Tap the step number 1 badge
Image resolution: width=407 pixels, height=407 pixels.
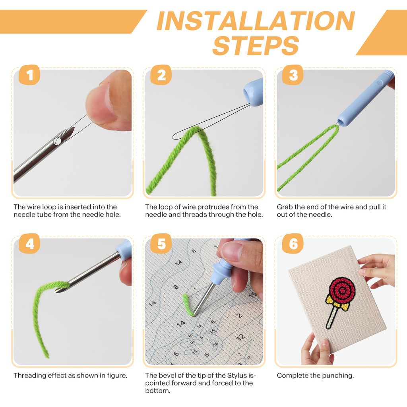(29, 75)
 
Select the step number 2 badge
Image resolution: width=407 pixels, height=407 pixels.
(161, 75)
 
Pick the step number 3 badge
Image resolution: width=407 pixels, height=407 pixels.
(293, 75)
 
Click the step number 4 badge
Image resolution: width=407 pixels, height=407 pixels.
(29, 243)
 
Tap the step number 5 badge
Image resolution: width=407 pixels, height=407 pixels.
(161, 243)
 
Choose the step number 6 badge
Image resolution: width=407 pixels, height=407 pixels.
(293, 243)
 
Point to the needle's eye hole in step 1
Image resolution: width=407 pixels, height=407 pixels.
(58, 140)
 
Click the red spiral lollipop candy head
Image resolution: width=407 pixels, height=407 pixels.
(342, 290)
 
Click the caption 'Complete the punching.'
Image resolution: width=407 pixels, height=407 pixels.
(315, 375)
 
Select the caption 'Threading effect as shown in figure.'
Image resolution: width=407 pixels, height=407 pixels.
(70, 375)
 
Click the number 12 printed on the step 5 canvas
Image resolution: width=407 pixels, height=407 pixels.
(240, 337)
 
